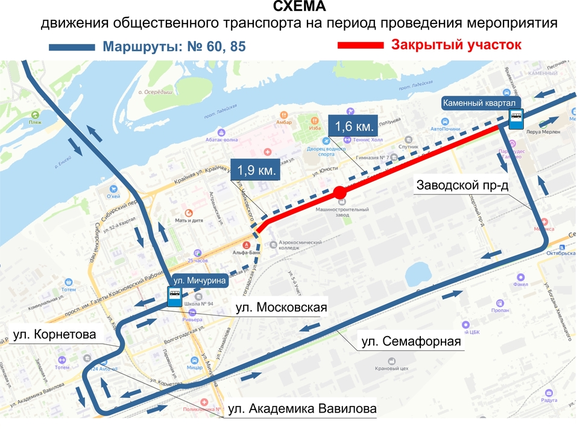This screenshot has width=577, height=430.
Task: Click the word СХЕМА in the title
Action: (x=299, y=7)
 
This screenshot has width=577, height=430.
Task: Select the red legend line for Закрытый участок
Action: (x=360, y=45)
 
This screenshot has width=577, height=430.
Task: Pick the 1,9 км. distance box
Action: (x=255, y=170)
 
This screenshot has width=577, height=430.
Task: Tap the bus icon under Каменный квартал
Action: (x=516, y=118)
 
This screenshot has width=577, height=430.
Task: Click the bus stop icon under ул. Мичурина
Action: (x=174, y=296)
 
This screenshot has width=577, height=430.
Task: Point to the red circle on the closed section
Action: (x=339, y=192)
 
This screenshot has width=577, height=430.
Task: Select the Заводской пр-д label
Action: (x=462, y=185)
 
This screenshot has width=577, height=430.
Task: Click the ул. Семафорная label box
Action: (x=411, y=342)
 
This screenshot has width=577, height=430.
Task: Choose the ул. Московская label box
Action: (x=280, y=308)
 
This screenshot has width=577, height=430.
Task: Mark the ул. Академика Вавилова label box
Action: (x=303, y=410)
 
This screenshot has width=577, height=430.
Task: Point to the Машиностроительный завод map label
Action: (x=342, y=212)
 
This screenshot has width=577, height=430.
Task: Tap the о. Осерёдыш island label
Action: (x=156, y=93)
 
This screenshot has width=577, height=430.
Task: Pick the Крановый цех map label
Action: (x=392, y=368)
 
